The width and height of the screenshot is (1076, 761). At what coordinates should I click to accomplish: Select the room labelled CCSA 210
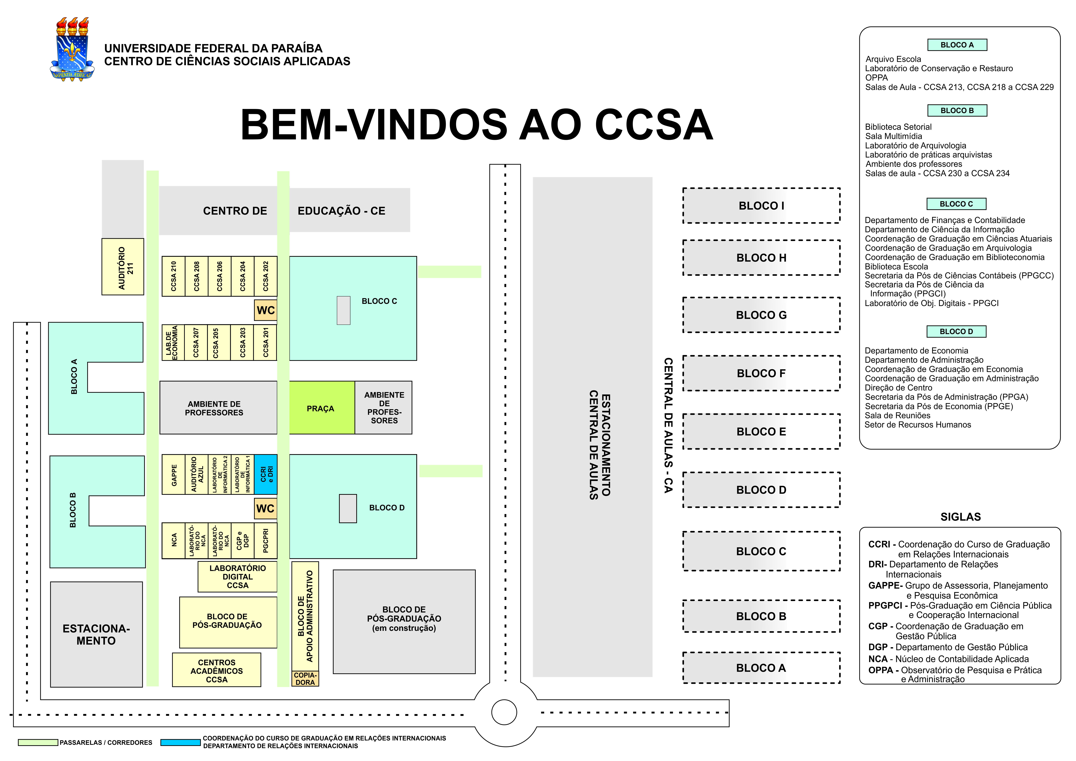tap(173, 276)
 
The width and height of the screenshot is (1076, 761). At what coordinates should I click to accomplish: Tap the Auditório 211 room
tap(123, 267)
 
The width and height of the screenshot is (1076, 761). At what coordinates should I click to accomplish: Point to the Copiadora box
tap(305, 678)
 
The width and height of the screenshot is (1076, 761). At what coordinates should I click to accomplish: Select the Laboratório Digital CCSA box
tap(238, 576)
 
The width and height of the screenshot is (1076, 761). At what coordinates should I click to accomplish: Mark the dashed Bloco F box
tap(761, 373)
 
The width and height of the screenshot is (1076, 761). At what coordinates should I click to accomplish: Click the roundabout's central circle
tap(504, 712)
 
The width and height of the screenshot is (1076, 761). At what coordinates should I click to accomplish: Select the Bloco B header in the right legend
tap(957, 111)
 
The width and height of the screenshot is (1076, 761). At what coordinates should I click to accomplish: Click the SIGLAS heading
tap(960, 517)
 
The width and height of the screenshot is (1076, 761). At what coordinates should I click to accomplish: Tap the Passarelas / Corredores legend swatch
tap(38, 742)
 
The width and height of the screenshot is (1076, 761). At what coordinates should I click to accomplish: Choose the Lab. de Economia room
tap(172, 343)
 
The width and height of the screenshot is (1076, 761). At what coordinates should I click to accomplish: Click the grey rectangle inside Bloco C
tap(344, 310)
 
